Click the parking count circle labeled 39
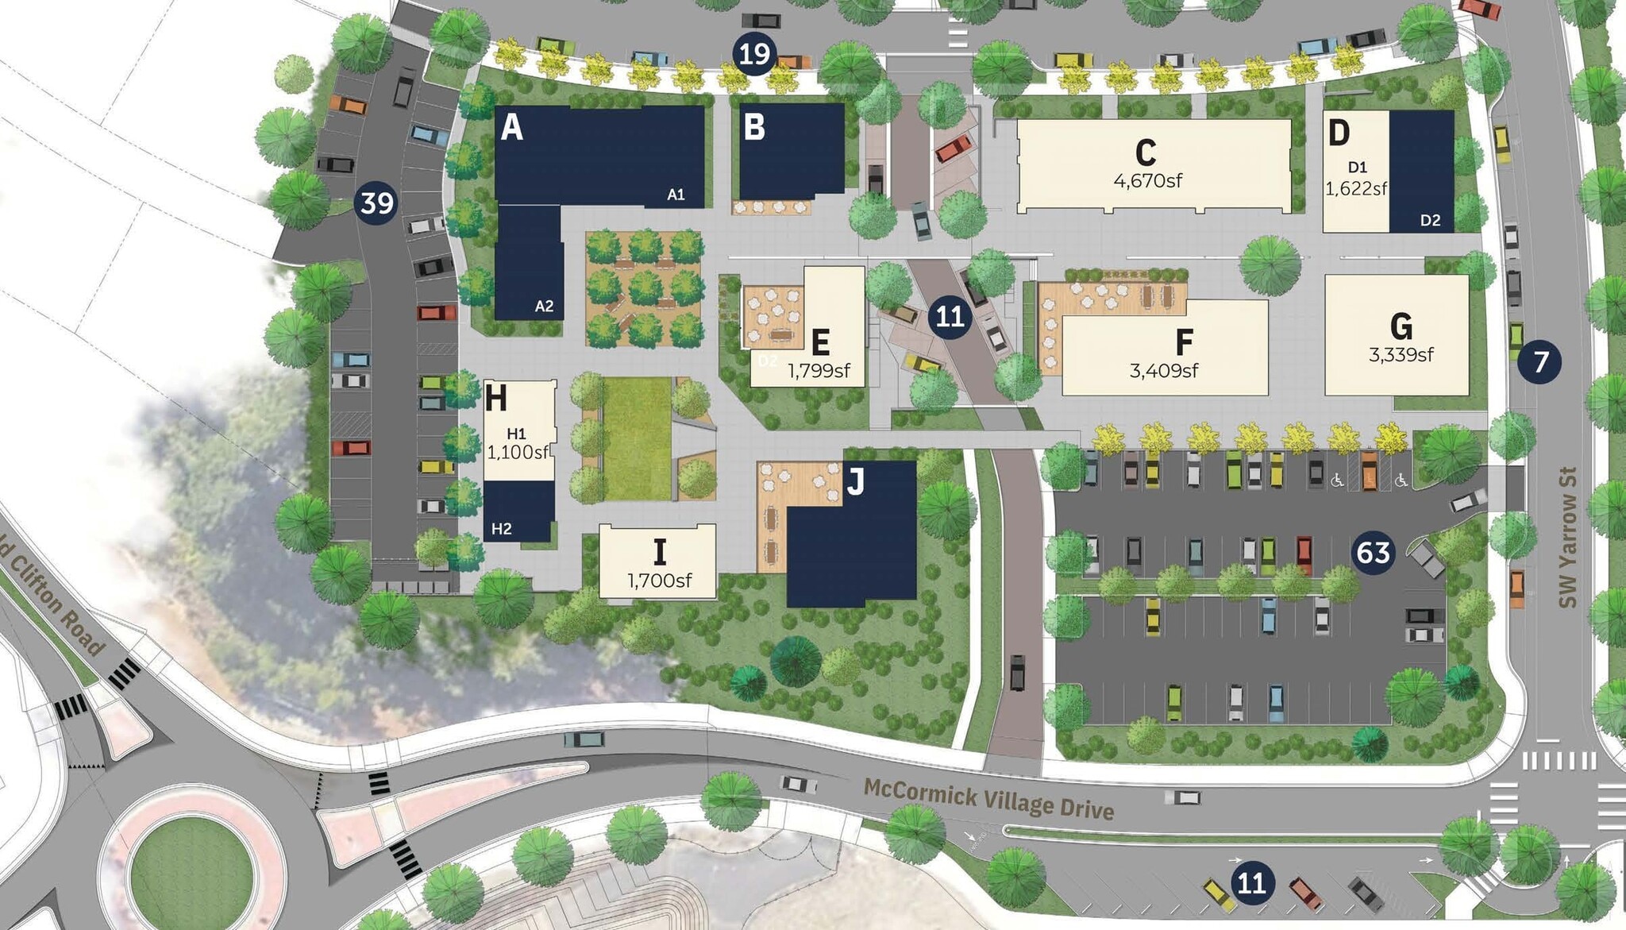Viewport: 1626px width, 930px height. [376, 203]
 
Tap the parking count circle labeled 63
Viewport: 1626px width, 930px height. [1373, 552]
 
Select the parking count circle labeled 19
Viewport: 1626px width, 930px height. [753, 54]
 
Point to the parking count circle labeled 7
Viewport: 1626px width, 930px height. [1539, 362]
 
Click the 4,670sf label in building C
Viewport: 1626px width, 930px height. [1147, 181]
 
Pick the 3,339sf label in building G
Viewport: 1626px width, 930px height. [1401, 355]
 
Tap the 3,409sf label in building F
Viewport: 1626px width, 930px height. [1163, 370]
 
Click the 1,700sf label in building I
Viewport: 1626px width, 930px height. [659, 581]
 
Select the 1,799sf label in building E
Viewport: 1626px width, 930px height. [819, 371]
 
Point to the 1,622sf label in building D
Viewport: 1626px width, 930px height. [1355, 189]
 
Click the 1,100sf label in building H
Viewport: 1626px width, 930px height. [518, 453]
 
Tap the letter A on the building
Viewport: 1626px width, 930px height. [512, 127]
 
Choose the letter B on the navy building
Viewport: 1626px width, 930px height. [753, 127]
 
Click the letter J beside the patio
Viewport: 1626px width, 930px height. [855, 481]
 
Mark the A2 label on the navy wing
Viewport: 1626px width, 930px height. [544, 307]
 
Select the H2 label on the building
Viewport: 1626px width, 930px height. [501, 529]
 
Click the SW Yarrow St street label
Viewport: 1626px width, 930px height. [1566, 537]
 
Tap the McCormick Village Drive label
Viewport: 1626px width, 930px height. [988, 799]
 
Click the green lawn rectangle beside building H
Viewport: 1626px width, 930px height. [638, 438]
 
